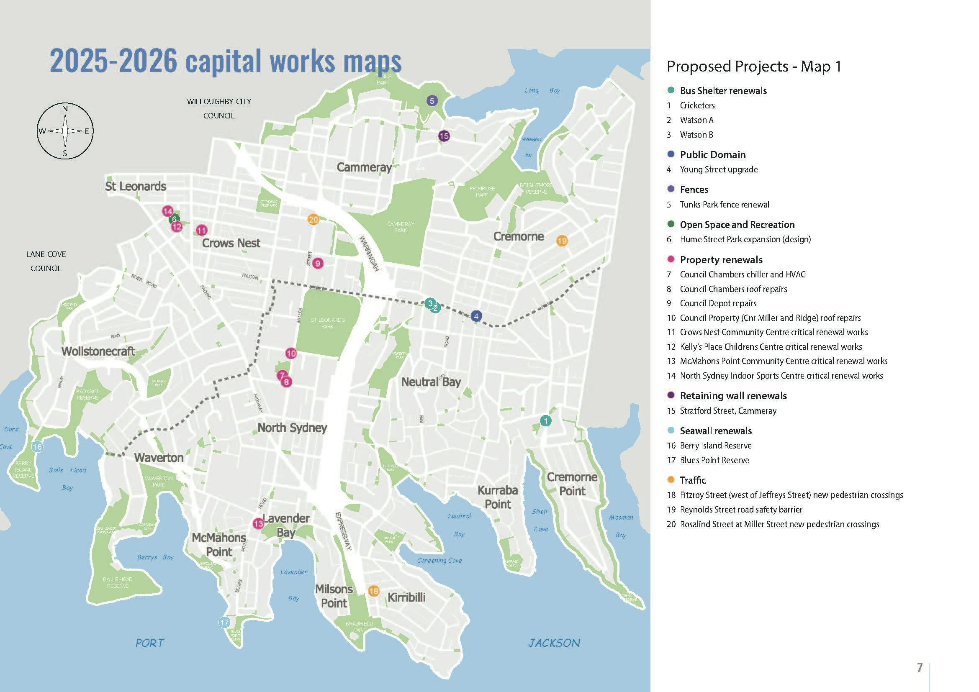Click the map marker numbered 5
[x=432, y=101]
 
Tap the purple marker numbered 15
[x=444, y=136]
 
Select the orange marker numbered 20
[x=313, y=220]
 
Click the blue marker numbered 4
[x=476, y=316]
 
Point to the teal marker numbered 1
[x=545, y=421]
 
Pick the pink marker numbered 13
[x=258, y=523]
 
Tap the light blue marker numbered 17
[x=224, y=623]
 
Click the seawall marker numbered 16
[x=37, y=446]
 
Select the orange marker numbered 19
[x=562, y=241]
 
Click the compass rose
[x=65, y=131]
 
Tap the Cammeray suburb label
[x=364, y=167]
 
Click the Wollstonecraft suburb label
[x=98, y=351]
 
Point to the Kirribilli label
[x=406, y=597]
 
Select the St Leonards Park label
[x=327, y=323]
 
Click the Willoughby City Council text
[x=219, y=108]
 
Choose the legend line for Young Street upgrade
[x=719, y=169]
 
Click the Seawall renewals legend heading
[x=715, y=431]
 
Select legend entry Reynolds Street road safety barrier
[x=741, y=510]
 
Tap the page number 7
[x=919, y=667]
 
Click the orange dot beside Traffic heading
[x=671, y=480]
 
